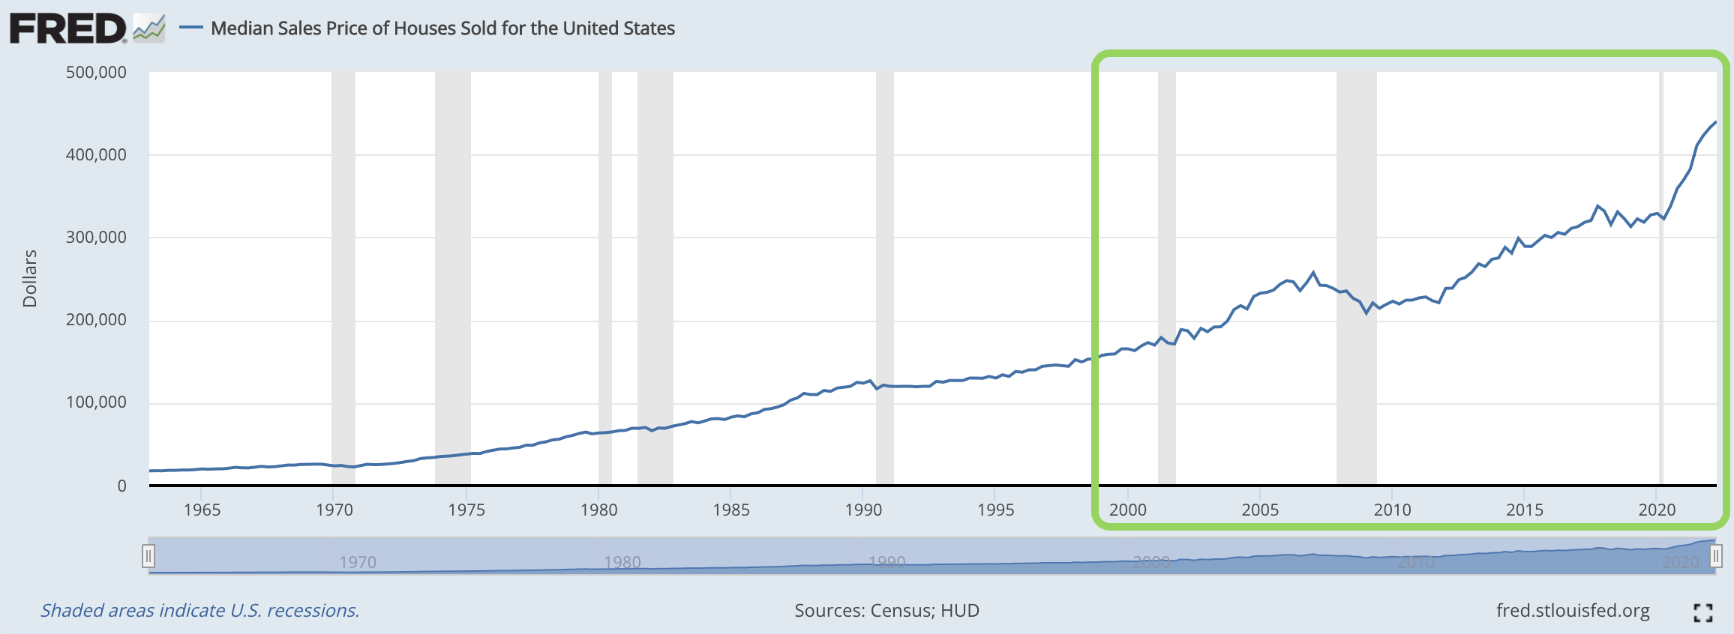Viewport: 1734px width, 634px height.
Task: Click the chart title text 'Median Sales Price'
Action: pyautogui.click(x=442, y=28)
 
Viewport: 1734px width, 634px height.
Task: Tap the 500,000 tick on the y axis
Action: pyautogui.click(x=96, y=73)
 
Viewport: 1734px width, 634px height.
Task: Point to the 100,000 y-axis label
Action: pyautogui.click(x=96, y=402)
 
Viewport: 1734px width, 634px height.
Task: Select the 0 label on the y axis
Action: pyautogui.click(x=121, y=486)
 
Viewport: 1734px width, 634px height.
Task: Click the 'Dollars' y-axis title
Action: pyautogui.click(x=30, y=278)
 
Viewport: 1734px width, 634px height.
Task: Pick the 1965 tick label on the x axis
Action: pyautogui.click(x=202, y=510)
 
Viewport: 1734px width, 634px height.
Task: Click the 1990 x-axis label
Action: pyautogui.click(x=863, y=510)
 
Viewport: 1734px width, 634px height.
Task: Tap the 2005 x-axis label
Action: pyautogui.click(x=1260, y=510)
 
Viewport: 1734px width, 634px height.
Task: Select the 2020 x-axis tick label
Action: pyautogui.click(x=1657, y=510)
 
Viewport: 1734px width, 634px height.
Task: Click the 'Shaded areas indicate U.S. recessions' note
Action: pyautogui.click(x=199, y=611)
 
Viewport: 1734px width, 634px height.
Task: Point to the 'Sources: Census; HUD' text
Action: pyautogui.click(x=886, y=611)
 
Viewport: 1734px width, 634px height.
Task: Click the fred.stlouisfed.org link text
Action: pyautogui.click(x=1573, y=611)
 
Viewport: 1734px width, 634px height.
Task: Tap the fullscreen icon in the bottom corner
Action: pyautogui.click(x=1702, y=613)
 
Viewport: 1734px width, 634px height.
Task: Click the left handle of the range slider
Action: pyautogui.click(x=148, y=556)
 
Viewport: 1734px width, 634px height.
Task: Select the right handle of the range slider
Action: pyautogui.click(x=1715, y=556)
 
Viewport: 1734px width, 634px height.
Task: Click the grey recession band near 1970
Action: pyautogui.click(x=343, y=277)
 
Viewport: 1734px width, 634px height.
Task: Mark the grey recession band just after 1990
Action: pyautogui.click(x=885, y=277)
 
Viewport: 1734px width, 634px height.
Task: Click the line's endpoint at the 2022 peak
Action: pyautogui.click(x=1715, y=122)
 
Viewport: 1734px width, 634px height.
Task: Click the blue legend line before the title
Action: pyautogui.click(x=191, y=28)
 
